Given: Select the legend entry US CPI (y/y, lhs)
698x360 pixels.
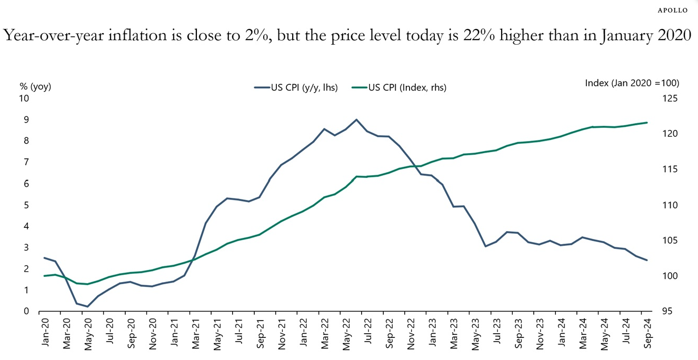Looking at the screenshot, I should pos(295,88).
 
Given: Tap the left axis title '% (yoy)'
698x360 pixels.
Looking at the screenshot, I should pos(35,87).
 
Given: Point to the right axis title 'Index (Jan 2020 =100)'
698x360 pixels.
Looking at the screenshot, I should pos(632,83).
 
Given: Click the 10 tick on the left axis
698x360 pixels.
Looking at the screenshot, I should pos(24,98).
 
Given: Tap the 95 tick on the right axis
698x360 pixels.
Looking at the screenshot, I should pos(659,312).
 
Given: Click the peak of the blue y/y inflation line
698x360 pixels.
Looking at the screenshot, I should pos(356,119).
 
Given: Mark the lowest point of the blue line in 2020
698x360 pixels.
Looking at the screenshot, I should pos(87,307).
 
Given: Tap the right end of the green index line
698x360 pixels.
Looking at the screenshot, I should pos(647,123).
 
